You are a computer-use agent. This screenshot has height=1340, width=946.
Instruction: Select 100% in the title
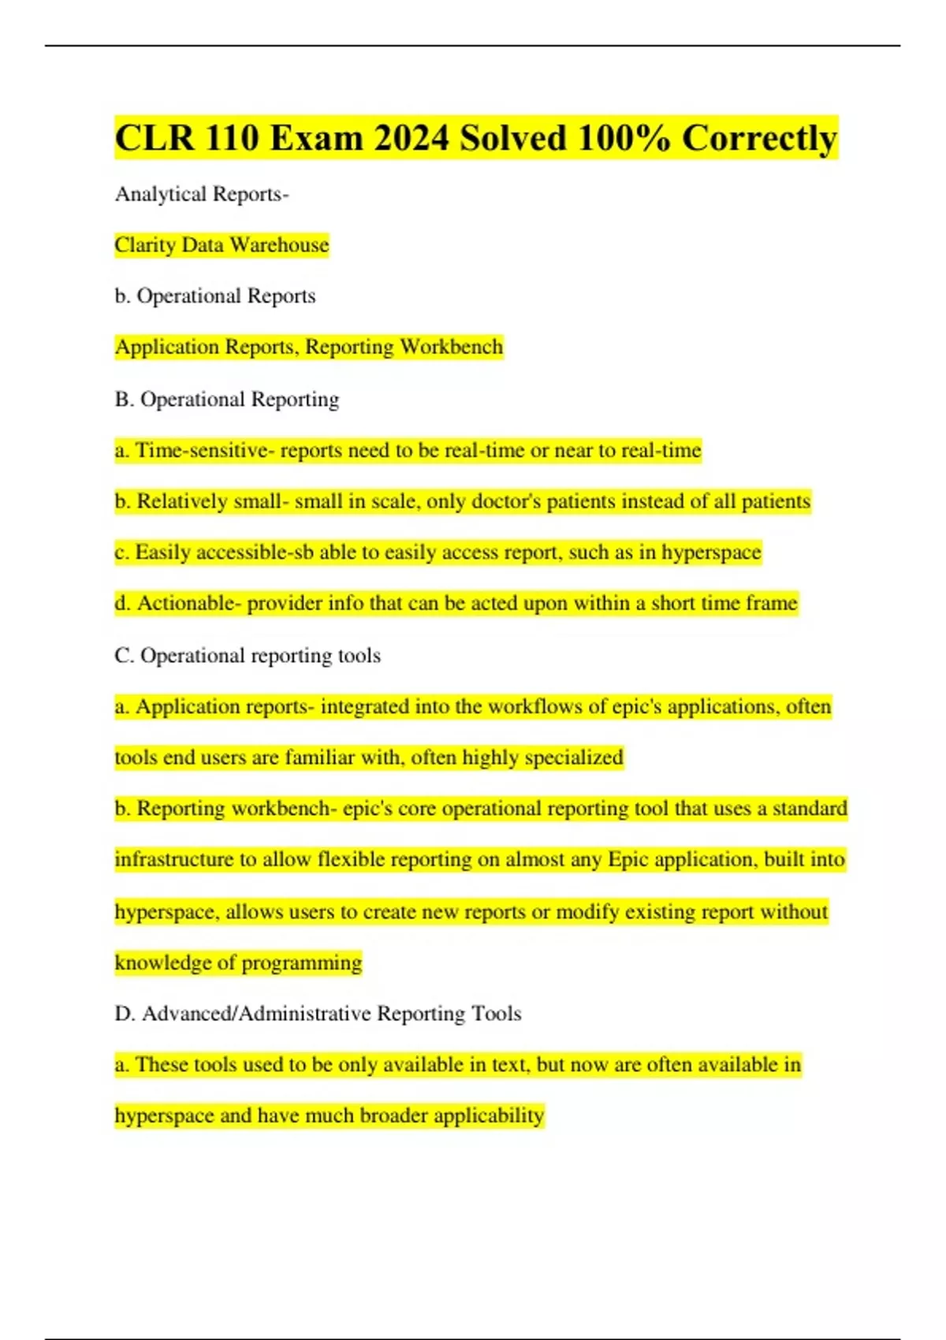coord(624,138)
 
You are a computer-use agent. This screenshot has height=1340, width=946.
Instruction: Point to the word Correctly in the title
coord(759,138)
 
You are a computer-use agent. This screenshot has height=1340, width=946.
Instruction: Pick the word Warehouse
coord(279,245)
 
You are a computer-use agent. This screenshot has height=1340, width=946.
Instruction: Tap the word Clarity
coord(144,245)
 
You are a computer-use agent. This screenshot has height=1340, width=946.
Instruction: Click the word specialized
coord(574,757)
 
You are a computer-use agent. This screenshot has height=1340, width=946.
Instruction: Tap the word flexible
coord(352,859)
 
